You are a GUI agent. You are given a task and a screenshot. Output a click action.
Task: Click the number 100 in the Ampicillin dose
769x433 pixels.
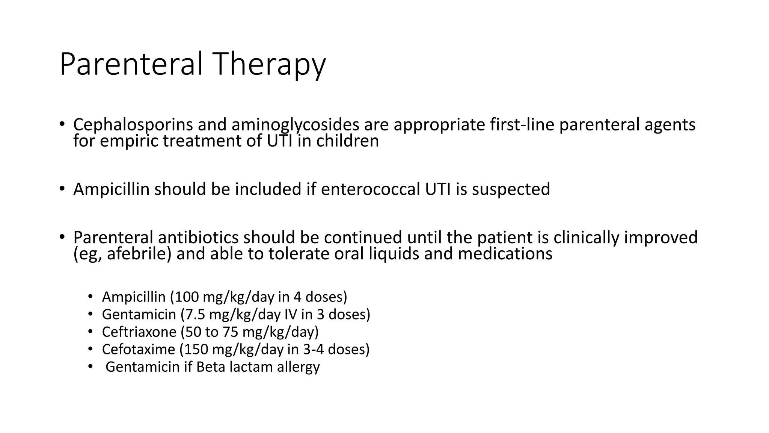[x=186, y=297]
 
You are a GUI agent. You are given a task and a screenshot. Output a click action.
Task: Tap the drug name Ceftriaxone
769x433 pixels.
[x=139, y=332]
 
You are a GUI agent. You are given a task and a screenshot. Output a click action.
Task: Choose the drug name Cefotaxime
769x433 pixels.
[x=138, y=350]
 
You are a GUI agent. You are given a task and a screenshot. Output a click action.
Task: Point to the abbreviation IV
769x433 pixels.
[x=291, y=315]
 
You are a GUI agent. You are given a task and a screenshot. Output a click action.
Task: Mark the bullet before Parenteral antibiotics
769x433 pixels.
[x=62, y=237]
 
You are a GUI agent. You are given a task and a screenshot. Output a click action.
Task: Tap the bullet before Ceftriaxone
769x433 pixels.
[x=90, y=332]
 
